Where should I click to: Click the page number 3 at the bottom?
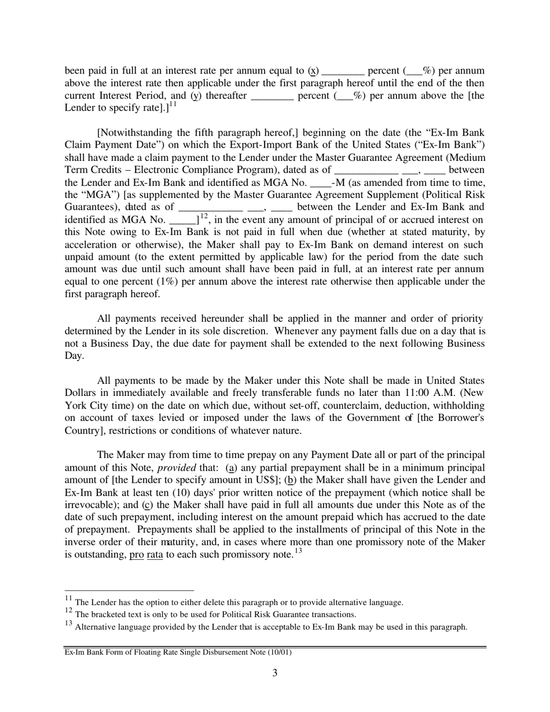tap(274, 673)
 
